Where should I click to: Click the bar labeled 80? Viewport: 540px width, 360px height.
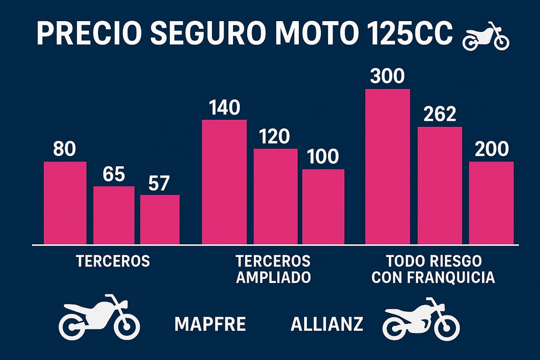[x=65, y=202]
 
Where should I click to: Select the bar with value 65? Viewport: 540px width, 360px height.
[x=114, y=215]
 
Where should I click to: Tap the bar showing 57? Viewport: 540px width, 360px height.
[x=160, y=220]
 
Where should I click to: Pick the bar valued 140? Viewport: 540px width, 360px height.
[x=224, y=182]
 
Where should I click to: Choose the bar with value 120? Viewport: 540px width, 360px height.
[x=275, y=196]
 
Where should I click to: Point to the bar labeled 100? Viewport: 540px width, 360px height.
[x=323, y=207]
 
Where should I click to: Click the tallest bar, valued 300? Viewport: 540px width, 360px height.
[x=387, y=166]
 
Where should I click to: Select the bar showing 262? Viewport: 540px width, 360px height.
[x=440, y=185]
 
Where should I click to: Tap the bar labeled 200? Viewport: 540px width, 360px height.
[x=491, y=202]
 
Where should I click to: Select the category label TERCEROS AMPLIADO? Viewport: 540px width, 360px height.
[x=273, y=269]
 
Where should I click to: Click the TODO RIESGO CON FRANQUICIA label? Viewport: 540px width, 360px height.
[x=433, y=269]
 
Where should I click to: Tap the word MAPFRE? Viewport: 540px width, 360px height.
[x=210, y=324]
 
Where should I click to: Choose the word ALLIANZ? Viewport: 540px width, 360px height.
[x=327, y=324]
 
